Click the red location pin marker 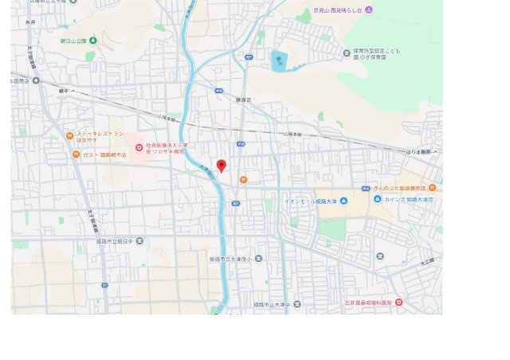(x=222, y=165)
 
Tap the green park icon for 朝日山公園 (x=93, y=41)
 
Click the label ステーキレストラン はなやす (x=100, y=137)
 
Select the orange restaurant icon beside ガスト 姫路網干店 (x=76, y=155)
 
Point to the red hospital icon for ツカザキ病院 (x=139, y=147)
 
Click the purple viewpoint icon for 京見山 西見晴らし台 (x=368, y=10)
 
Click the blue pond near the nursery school (x=278, y=61)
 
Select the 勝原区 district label (x=243, y=100)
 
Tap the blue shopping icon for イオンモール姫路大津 (x=343, y=201)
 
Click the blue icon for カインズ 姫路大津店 (x=378, y=199)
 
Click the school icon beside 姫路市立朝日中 (x=139, y=240)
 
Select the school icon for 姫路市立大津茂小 (x=258, y=259)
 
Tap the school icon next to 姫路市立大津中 (x=296, y=304)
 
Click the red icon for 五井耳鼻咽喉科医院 (x=398, y=302)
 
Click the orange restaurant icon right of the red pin (x=243, y=180)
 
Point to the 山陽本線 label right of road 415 (x=294, y=135)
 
